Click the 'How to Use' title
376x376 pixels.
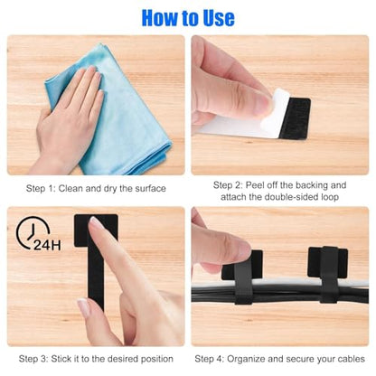click(x=188, y=18)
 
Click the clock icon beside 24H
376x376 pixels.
click(x=32, y=232)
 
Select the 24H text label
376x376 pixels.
click(x=47, y=245)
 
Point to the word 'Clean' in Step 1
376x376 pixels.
click(x=70, y=189)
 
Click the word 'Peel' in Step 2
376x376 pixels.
click(x=254, y=185)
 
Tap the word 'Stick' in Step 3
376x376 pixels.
click(x=61, y=359)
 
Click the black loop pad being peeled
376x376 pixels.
click(x=294, y=118)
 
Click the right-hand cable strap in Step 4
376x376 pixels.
click(x=328, y=274)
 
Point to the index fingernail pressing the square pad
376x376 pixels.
click(x=96, y=223)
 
